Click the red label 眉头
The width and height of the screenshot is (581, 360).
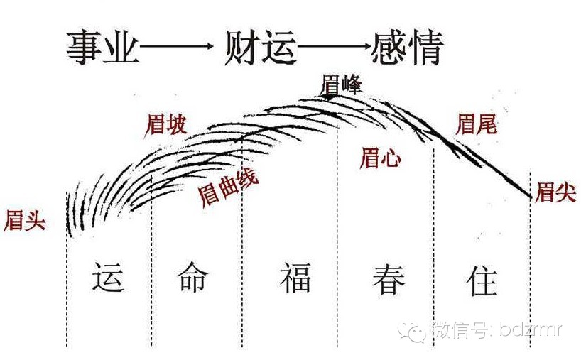(25, 220)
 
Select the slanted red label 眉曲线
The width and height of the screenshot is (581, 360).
(228, 186)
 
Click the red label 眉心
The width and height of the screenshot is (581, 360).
(380, 158)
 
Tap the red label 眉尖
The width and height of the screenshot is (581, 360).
(555, 192)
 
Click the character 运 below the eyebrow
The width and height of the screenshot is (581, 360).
(109, 276)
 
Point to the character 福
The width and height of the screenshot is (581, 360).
(294, 277)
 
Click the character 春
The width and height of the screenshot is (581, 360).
(389, 277)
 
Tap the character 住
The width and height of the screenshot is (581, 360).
(482, 277)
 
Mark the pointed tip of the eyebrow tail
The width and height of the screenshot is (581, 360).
(531, 196)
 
